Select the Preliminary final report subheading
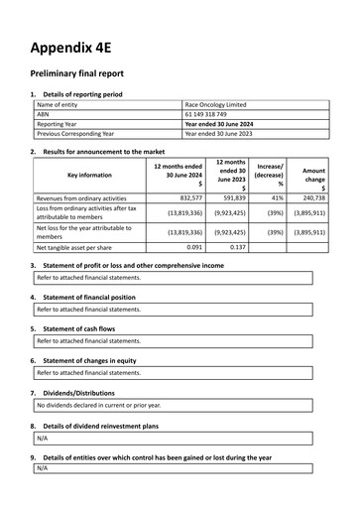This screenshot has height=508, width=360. [x=86, y=74]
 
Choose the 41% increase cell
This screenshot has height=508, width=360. [x=277, y=197]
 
